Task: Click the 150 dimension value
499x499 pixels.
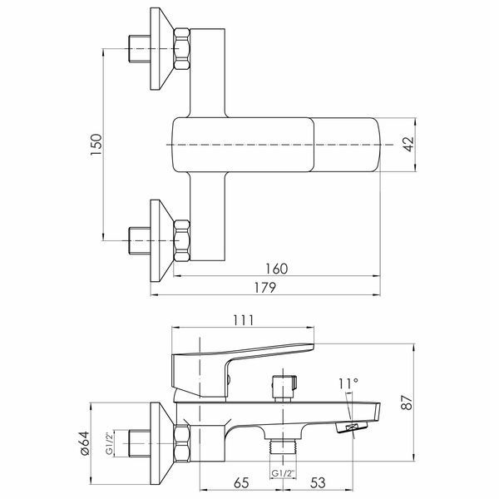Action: pos(96,145)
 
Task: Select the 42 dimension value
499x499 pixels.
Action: pos(408,144)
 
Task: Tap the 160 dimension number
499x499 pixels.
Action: pos(277,269)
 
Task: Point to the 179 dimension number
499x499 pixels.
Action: pos(265,288)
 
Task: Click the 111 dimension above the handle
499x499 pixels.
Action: pos(244,320)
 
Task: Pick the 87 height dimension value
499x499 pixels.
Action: pos(407,403)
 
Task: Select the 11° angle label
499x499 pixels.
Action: pos(348,383)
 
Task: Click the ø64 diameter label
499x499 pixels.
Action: pos(85,443)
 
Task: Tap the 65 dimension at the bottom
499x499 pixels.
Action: pos(241,482)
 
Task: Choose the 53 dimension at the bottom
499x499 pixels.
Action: pos(318,482)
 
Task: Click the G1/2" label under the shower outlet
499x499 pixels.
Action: pos(284,473)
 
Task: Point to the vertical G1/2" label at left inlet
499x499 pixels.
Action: pos(109,443)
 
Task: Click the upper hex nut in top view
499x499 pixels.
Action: pos(182,49)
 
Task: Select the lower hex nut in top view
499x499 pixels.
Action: pos(182,241)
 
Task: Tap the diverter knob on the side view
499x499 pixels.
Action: pos(284,388)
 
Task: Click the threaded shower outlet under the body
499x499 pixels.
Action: pos(283,446)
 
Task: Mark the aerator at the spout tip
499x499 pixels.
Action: pos(352,427)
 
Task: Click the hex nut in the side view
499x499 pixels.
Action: pos(182,443)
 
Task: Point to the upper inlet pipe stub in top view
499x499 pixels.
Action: pos(140,49)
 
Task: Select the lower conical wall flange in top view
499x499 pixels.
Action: pos(161,241)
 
